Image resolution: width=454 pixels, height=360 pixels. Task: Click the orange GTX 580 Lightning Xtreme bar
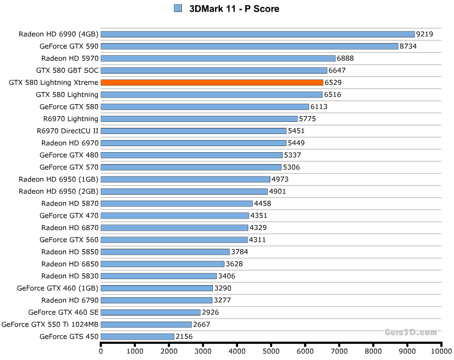click(212, 82)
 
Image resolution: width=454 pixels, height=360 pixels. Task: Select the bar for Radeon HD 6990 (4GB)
click(258, 34)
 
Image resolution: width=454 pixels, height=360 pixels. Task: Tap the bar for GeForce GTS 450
click(138, 336)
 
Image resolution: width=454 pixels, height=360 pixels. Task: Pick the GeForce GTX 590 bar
click(250, 47)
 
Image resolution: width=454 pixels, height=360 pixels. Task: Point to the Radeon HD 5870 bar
click(177, 204)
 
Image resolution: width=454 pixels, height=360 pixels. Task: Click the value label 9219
click(425, 34)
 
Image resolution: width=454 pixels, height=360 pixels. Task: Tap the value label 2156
click(184, 336)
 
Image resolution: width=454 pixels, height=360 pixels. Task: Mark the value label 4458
click(262, 204)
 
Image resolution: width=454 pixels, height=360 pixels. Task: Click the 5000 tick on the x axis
click(271, 350)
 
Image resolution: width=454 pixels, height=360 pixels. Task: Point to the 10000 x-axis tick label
click(441, 350)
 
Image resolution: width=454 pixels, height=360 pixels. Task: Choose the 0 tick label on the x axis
click(101, 350)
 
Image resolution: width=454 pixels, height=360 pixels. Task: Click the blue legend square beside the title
click(177, 9)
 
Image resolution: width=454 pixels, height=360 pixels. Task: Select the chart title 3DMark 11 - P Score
click(234, 9)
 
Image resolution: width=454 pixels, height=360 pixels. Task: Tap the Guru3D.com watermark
click(411, 332)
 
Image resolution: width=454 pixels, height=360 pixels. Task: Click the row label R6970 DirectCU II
click(68, 131)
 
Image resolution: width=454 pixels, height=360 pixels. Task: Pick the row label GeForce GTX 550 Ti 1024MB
click(50, 324)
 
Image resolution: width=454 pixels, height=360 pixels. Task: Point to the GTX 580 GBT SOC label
click(67, 70)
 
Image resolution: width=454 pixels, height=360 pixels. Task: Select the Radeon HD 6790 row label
click(70, 300)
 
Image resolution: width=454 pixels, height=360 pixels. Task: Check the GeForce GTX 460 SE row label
click(63, 312)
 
